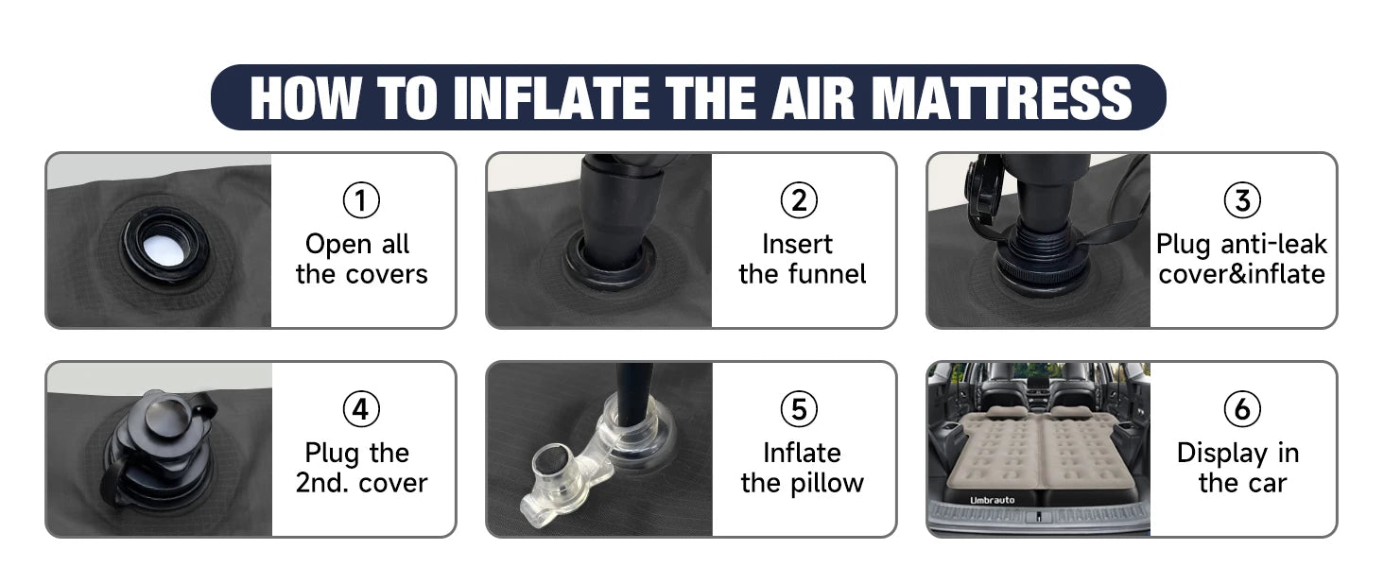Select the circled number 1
[x=361, y=200]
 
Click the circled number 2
[x=799, y=200]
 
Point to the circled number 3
[x=1242, y=200]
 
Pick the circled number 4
[x=361, y=409]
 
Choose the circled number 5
[x=799, y=409]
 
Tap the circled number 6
[x=1242, y=409]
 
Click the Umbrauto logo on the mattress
[x=992, y=500]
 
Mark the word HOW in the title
[x=305, y=97]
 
